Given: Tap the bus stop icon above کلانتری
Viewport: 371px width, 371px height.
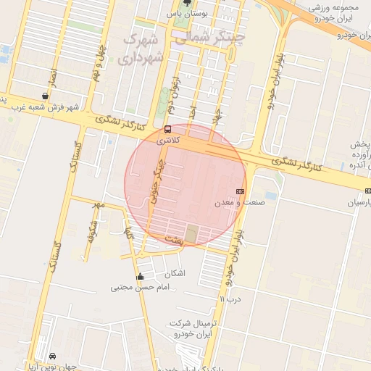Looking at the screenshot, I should (168, 129).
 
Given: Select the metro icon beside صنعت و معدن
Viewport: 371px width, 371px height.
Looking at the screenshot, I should (241, 191).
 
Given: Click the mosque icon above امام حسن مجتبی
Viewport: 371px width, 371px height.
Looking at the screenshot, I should (140, 277).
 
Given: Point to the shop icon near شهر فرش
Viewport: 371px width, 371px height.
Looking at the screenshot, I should (46, 95).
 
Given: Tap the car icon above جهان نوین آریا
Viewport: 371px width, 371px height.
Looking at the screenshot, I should (53, 356).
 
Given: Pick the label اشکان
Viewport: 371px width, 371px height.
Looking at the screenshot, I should (175, 273).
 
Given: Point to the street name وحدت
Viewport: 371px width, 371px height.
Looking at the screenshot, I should (172, 238).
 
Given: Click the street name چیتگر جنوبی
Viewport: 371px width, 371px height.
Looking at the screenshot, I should (154, 181).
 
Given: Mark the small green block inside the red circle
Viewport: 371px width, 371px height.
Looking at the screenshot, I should (191, 233).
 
